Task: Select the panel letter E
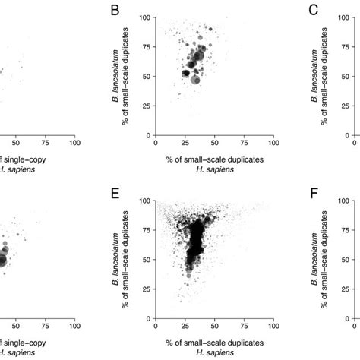(115, 201)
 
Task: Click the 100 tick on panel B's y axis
(146, 17)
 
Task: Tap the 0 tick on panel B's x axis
(156, 142)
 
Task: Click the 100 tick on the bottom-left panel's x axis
(74, 328)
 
